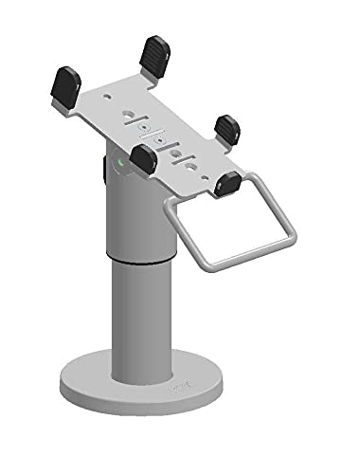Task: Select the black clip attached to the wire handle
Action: (x=226, y=181)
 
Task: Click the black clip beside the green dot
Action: (x=144, y=158)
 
